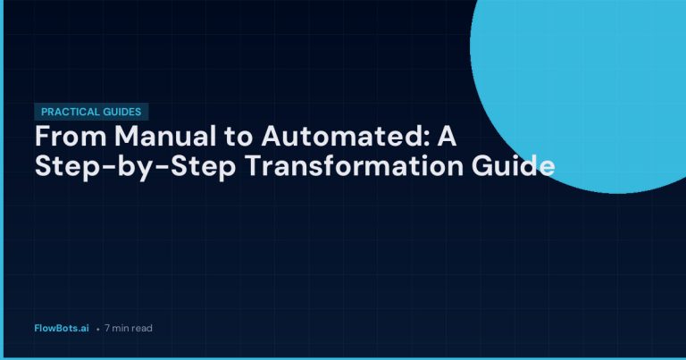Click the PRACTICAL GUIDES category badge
tap(91, 112)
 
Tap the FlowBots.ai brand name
tap(60, 328)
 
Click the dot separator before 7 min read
tap(97, 329)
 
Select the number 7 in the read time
tap(107, 328)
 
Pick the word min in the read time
tap(121, 328)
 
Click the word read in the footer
tap(142, 328)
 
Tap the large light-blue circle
tap(590, 71)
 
